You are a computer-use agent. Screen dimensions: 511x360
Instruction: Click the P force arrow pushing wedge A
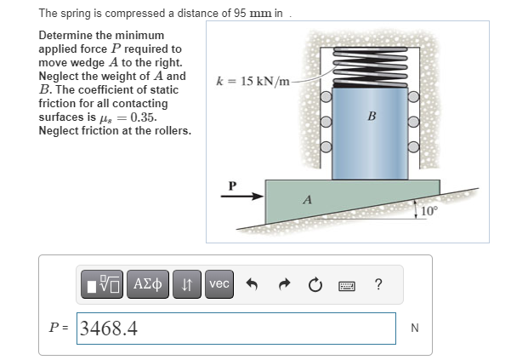click(242, 196)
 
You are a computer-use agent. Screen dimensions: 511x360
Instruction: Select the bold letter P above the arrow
click(232, 186)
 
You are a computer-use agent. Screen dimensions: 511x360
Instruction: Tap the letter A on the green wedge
click(307, 199)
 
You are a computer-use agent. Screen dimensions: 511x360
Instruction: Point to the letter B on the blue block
click(372, 116)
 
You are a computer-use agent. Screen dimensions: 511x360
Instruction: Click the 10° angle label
click(429, 211)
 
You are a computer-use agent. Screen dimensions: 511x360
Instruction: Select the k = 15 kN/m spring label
click(253, 81)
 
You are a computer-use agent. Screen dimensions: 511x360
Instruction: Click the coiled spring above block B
click(370, 67)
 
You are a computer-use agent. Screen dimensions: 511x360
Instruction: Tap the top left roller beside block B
click(326, 96)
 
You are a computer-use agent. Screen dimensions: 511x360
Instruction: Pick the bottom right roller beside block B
click(413, 146)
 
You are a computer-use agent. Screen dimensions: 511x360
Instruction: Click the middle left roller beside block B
click(326, 122)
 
